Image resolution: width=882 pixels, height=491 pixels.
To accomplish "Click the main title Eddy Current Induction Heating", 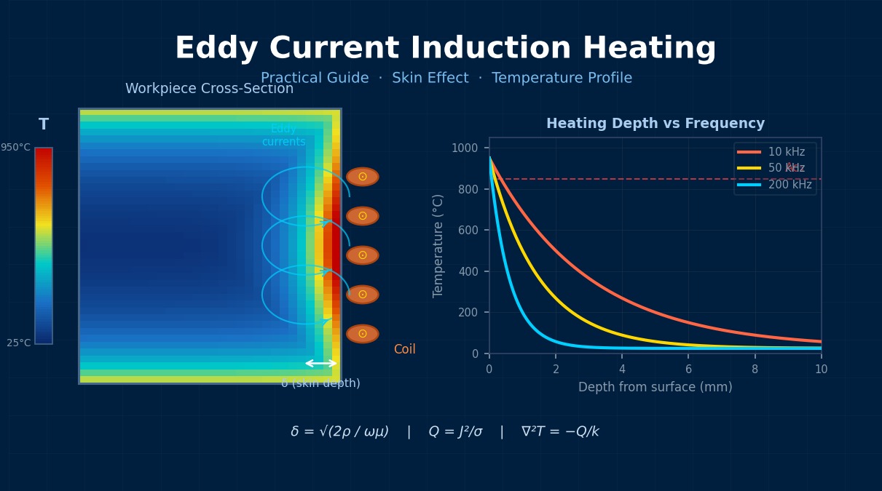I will (x=445, y=49).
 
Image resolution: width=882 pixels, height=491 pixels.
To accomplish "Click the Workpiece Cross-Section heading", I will (x=209, y=89).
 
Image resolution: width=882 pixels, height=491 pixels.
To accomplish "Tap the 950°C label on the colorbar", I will (x=15, y=148).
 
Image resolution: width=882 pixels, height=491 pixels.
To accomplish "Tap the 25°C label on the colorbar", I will (x=19, y=343).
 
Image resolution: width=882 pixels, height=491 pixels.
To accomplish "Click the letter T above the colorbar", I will (x=44, y=124).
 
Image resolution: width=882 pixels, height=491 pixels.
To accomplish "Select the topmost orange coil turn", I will (x=362, y=177).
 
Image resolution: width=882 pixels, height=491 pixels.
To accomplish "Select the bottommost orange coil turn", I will (x=362, y=334).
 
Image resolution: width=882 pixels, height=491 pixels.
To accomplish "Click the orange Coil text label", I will (x=404, y=350).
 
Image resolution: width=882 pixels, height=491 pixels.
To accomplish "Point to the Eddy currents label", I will (x=283, y=135).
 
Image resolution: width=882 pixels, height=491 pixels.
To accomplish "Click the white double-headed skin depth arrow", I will (x=320, y=363).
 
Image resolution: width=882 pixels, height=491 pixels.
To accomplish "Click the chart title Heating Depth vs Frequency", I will (x=655, y=124).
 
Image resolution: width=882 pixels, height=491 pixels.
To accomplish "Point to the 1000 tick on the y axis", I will (x=465, y=148).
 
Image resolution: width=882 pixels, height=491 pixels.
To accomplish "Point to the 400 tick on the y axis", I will (x=469, y=271).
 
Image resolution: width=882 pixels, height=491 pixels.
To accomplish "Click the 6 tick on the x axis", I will (x=688, y=370).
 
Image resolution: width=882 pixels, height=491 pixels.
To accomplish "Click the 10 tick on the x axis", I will (x=821, y=370).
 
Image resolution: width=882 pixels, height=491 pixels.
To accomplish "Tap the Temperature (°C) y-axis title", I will (x=438, y=245).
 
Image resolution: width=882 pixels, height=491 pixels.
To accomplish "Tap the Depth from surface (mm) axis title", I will (x=655, y=388).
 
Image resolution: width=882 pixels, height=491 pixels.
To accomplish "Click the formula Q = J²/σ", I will (x=455, y=432).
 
